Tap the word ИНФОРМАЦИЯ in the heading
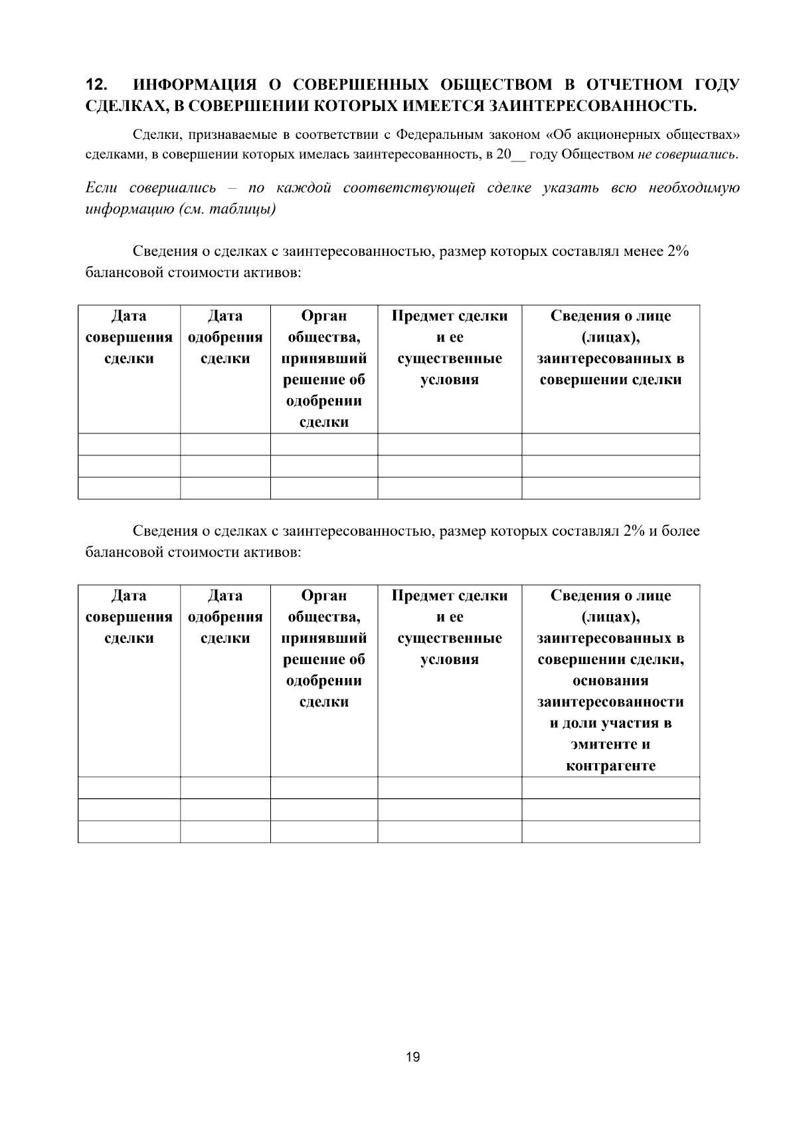point(195,85)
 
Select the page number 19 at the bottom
point(412,1058)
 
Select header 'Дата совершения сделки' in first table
point(129,337)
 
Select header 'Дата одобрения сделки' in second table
point(225,617)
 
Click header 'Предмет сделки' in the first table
point(450,316)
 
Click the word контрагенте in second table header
point(610,766)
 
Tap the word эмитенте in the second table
point(610,744)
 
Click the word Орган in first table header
point(323,316)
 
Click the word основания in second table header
point(610,681)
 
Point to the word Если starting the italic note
point(101,188)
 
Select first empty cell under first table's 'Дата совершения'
point(129,444)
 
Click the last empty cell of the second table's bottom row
point(610,832)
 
